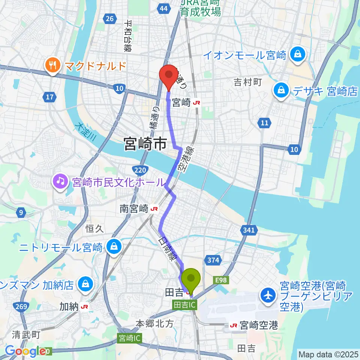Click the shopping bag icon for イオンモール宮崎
[297, 55]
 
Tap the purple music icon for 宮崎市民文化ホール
[60, 182]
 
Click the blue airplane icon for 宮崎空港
[269, 295]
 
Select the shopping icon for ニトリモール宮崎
[112, 247]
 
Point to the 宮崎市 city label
[145, 144]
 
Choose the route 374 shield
[213, 260]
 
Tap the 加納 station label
[69, 307]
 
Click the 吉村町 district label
[247, 82]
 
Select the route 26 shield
[109, 19]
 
